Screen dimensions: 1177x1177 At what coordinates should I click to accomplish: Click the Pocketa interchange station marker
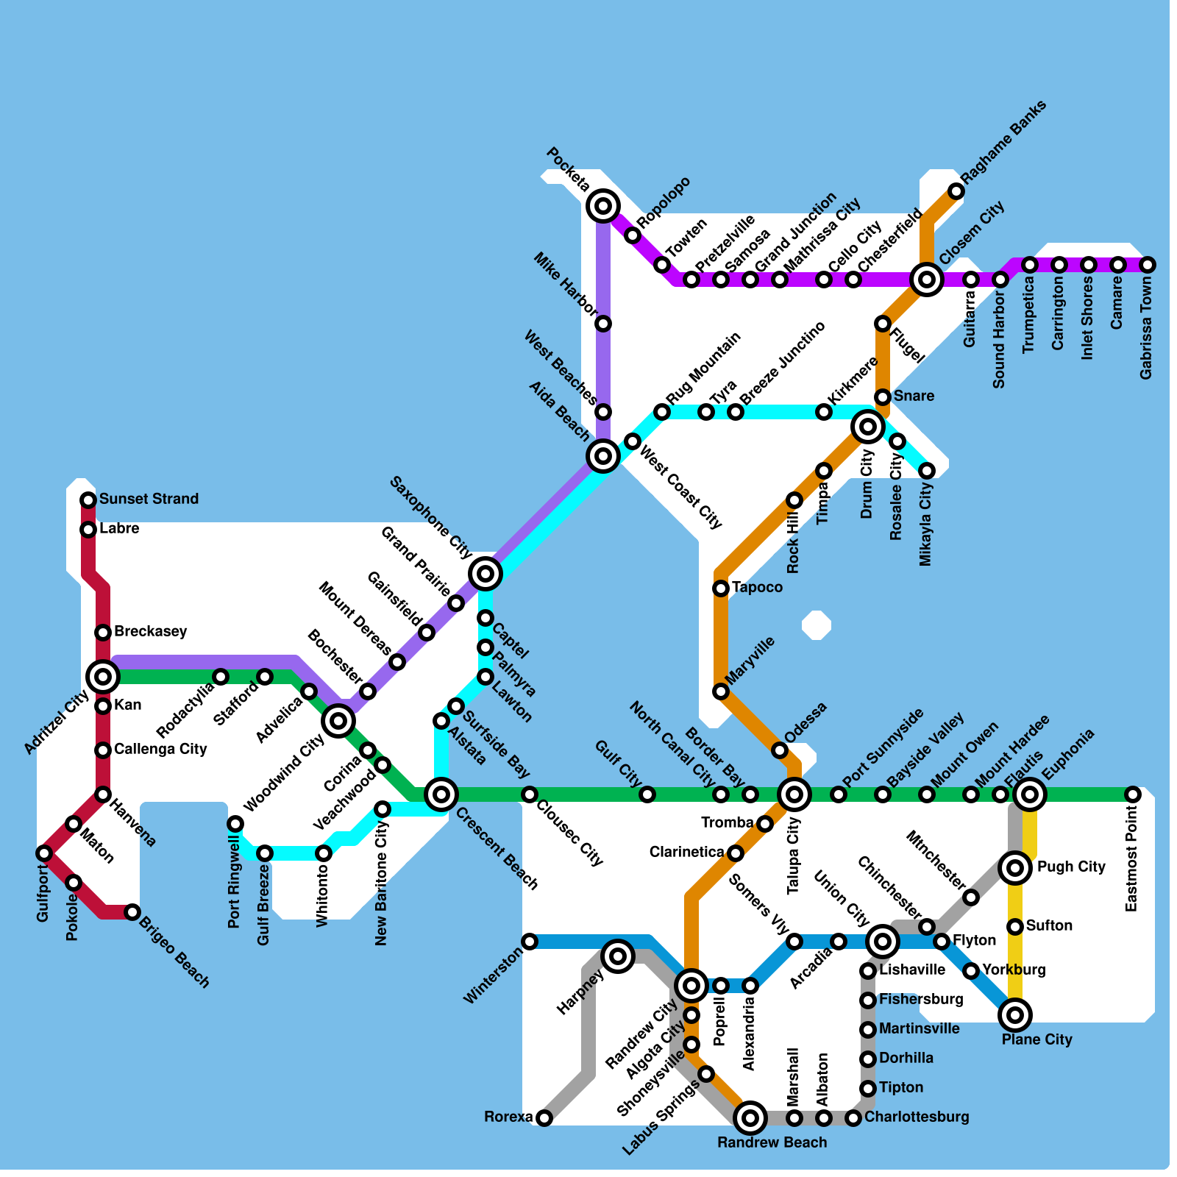(x=603, y=206)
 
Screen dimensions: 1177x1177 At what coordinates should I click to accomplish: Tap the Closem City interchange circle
(x=927, y=280)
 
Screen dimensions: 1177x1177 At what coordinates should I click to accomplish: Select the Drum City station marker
(x=868, y=426)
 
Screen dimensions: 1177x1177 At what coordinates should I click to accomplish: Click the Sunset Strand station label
(x=149, y=499)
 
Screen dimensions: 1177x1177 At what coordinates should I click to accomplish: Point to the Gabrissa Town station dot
(x=1148, y=265)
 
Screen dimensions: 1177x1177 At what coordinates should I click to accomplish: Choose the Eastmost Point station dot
(x=1133, y=794)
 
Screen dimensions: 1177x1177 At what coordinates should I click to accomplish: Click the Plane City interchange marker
(x=1015, y=1015)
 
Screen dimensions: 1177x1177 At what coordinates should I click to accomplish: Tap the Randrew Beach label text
(x=772, y=1142)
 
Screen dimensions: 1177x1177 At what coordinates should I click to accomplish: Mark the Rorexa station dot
(x=544, y=1118)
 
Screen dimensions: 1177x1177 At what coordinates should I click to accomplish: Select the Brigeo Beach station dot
(x=132, y=912)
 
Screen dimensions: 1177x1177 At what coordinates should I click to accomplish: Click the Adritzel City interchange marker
(x=103, y=677)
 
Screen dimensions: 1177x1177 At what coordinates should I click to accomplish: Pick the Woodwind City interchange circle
(x=338, y=721)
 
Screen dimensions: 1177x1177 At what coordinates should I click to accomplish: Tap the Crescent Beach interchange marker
(x=441, y=794)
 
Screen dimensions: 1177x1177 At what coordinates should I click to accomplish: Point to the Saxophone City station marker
(x=486, y=573)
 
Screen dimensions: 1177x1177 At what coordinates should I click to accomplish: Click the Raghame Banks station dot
(x=956, y=191)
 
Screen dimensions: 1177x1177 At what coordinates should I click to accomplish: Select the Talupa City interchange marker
(x=794, y=794)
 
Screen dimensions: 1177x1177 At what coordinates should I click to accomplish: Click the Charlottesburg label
(x=917, y=1117)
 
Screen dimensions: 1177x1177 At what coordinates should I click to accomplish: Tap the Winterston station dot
(x=530, y=942)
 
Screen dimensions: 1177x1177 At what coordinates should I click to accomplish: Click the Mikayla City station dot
(x=927, y=471)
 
